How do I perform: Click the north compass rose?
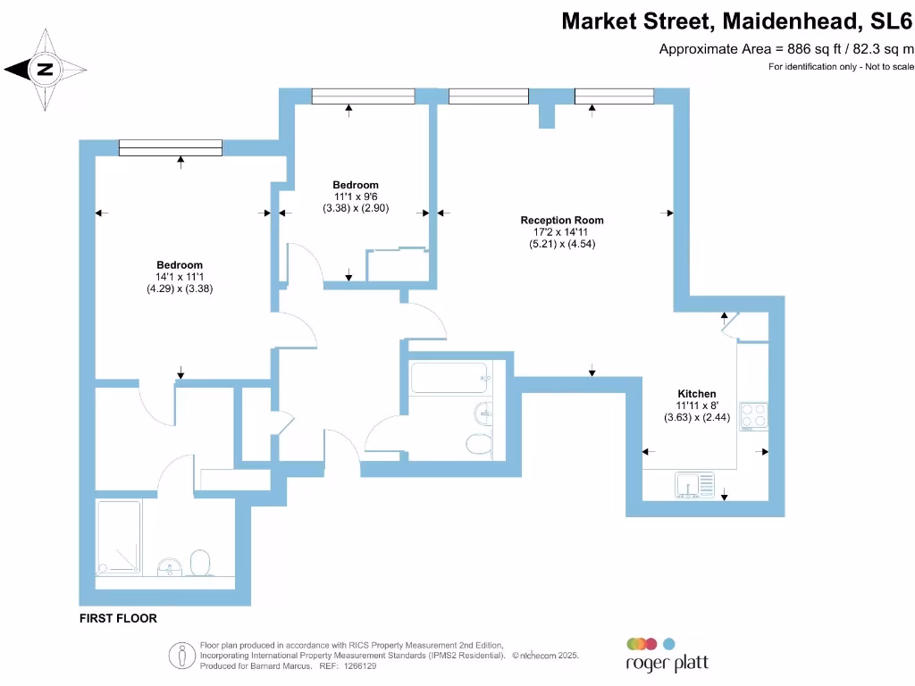pyautogui.click(x=46, y=69)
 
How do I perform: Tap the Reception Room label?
pyautogui.click(x=562, y=220)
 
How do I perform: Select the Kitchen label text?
pyautogui.click(x=696, y=394)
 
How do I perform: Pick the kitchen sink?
pyautogui.click(x=695, y=486)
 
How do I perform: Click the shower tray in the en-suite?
pyautogui.click(x=119, y=536)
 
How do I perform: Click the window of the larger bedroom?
pyautogui.click(x=171, y=148)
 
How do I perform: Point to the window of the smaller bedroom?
pyautogui.click(x=363, y=96)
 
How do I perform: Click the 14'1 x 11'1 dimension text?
pyautogui.click(x=180, y=277)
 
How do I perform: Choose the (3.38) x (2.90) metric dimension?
pyautogui.click(x=357, y=208)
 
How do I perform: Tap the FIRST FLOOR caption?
pyautogui.click(x=118, y=618)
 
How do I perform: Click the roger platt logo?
pyautogui.click(x=666, y=656)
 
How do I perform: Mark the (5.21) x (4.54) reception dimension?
pyautogui.click(x=562, y=244)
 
